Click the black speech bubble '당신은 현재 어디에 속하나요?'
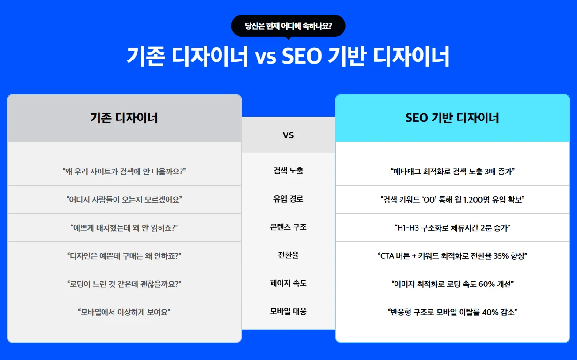point(288,26)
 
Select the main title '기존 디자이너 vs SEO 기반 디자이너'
point(288,56)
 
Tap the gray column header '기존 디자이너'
point(124,118)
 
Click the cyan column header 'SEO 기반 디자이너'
point(452,118)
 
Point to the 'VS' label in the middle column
point(288,135)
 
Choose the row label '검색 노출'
point(288,171)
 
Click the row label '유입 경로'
point(288,199)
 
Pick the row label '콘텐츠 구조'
point(288,227)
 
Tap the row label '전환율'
point(288,255)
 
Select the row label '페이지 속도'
point(288,284)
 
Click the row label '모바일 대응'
point(288,312)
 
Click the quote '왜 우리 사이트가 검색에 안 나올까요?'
point(124,171)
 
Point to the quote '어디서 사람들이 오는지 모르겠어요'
point(124,199)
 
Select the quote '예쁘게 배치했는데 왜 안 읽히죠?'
point(124,228)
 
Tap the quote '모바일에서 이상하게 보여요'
point(124,312)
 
